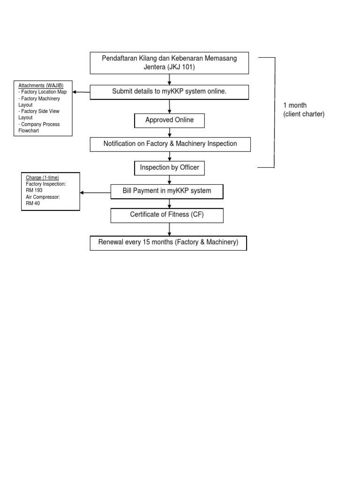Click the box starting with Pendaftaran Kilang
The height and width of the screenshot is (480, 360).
(x=169, y=63)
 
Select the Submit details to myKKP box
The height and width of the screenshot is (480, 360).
(x=169, y=92)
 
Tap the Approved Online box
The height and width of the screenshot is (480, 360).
(x=169, y=120)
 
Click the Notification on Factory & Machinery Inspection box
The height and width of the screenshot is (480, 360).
(x=170, y=144)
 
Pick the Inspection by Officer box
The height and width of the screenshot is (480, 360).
(x=169, y=167)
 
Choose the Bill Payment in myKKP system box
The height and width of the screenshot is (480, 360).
(x=167, y=191)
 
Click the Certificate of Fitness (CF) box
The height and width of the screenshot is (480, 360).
(x=167, y=215)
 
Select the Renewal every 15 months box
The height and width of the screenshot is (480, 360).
(x=168, y=243)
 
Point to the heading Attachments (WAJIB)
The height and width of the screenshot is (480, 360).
(x=41, y=85)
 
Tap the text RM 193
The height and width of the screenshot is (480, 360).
(x=34, y=190)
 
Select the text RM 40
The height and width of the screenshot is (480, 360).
(x=33, y=203)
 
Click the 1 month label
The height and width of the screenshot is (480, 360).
(x=295, y=105)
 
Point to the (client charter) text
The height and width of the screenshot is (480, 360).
(x=303, y=114)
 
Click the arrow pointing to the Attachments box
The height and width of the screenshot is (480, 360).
(x=81, y=92)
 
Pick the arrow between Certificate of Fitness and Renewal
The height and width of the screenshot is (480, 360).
(x=169, y=229)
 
